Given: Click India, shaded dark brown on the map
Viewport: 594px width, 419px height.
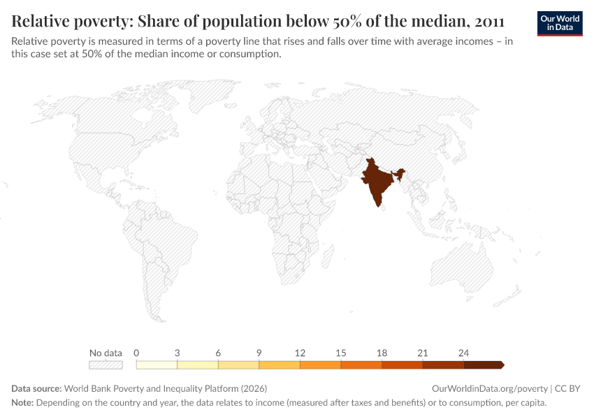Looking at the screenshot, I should (377, 182).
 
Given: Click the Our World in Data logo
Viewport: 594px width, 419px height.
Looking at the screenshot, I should (559, 22).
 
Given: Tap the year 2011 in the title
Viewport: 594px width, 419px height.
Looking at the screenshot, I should (485, 20).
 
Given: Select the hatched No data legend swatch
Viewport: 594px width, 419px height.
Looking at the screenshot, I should (106, 365).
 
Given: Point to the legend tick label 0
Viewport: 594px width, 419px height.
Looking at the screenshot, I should (136, 353).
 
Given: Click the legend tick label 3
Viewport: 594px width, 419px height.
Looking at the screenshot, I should (178, 353).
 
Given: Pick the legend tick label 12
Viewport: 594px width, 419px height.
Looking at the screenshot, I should (300, 353).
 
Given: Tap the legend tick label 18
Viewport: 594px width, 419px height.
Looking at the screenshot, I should (382, 353).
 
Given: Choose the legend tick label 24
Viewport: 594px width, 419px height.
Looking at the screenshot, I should (463, 353).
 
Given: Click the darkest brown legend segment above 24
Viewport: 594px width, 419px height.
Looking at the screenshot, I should (483, 365).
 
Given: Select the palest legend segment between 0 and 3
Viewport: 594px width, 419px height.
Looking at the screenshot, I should (157, 365).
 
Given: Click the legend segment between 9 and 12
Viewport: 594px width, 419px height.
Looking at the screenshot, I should (280, 365).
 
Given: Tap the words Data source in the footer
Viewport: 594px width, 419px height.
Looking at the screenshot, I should (36, 388).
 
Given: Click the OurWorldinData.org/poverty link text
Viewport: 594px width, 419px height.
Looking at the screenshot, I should (489, 388).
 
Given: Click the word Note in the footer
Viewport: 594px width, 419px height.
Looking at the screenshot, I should (22, 403).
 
